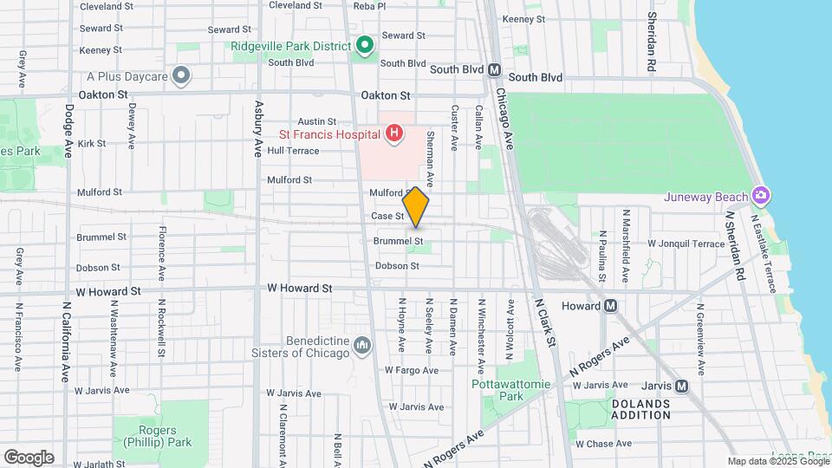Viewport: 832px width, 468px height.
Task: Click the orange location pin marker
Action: tap(416, 206)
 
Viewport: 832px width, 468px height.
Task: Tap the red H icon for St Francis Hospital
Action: tap(394, 133)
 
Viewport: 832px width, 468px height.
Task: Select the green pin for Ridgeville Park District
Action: tap(365, 44)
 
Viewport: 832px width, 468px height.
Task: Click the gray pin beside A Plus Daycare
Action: tap(181, 76)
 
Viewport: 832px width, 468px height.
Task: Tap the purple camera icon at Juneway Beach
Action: tap(761, 195)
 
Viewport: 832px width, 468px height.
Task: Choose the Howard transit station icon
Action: tap(612, 306)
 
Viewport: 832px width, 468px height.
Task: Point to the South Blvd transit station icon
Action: tap(494, 69)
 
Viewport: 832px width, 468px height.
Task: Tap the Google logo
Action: tap(29, 457)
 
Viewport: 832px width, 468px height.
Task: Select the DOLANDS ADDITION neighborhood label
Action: tap(641, 409)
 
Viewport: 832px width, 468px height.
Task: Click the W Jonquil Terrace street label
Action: tap(686, 244)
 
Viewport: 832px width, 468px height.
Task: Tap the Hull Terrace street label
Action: tap(293, 150)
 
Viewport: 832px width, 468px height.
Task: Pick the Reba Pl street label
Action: tap(369, 6)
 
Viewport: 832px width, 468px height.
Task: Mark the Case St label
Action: tap(387, 216)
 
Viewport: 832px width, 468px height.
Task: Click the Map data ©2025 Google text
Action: tap(777, 461)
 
